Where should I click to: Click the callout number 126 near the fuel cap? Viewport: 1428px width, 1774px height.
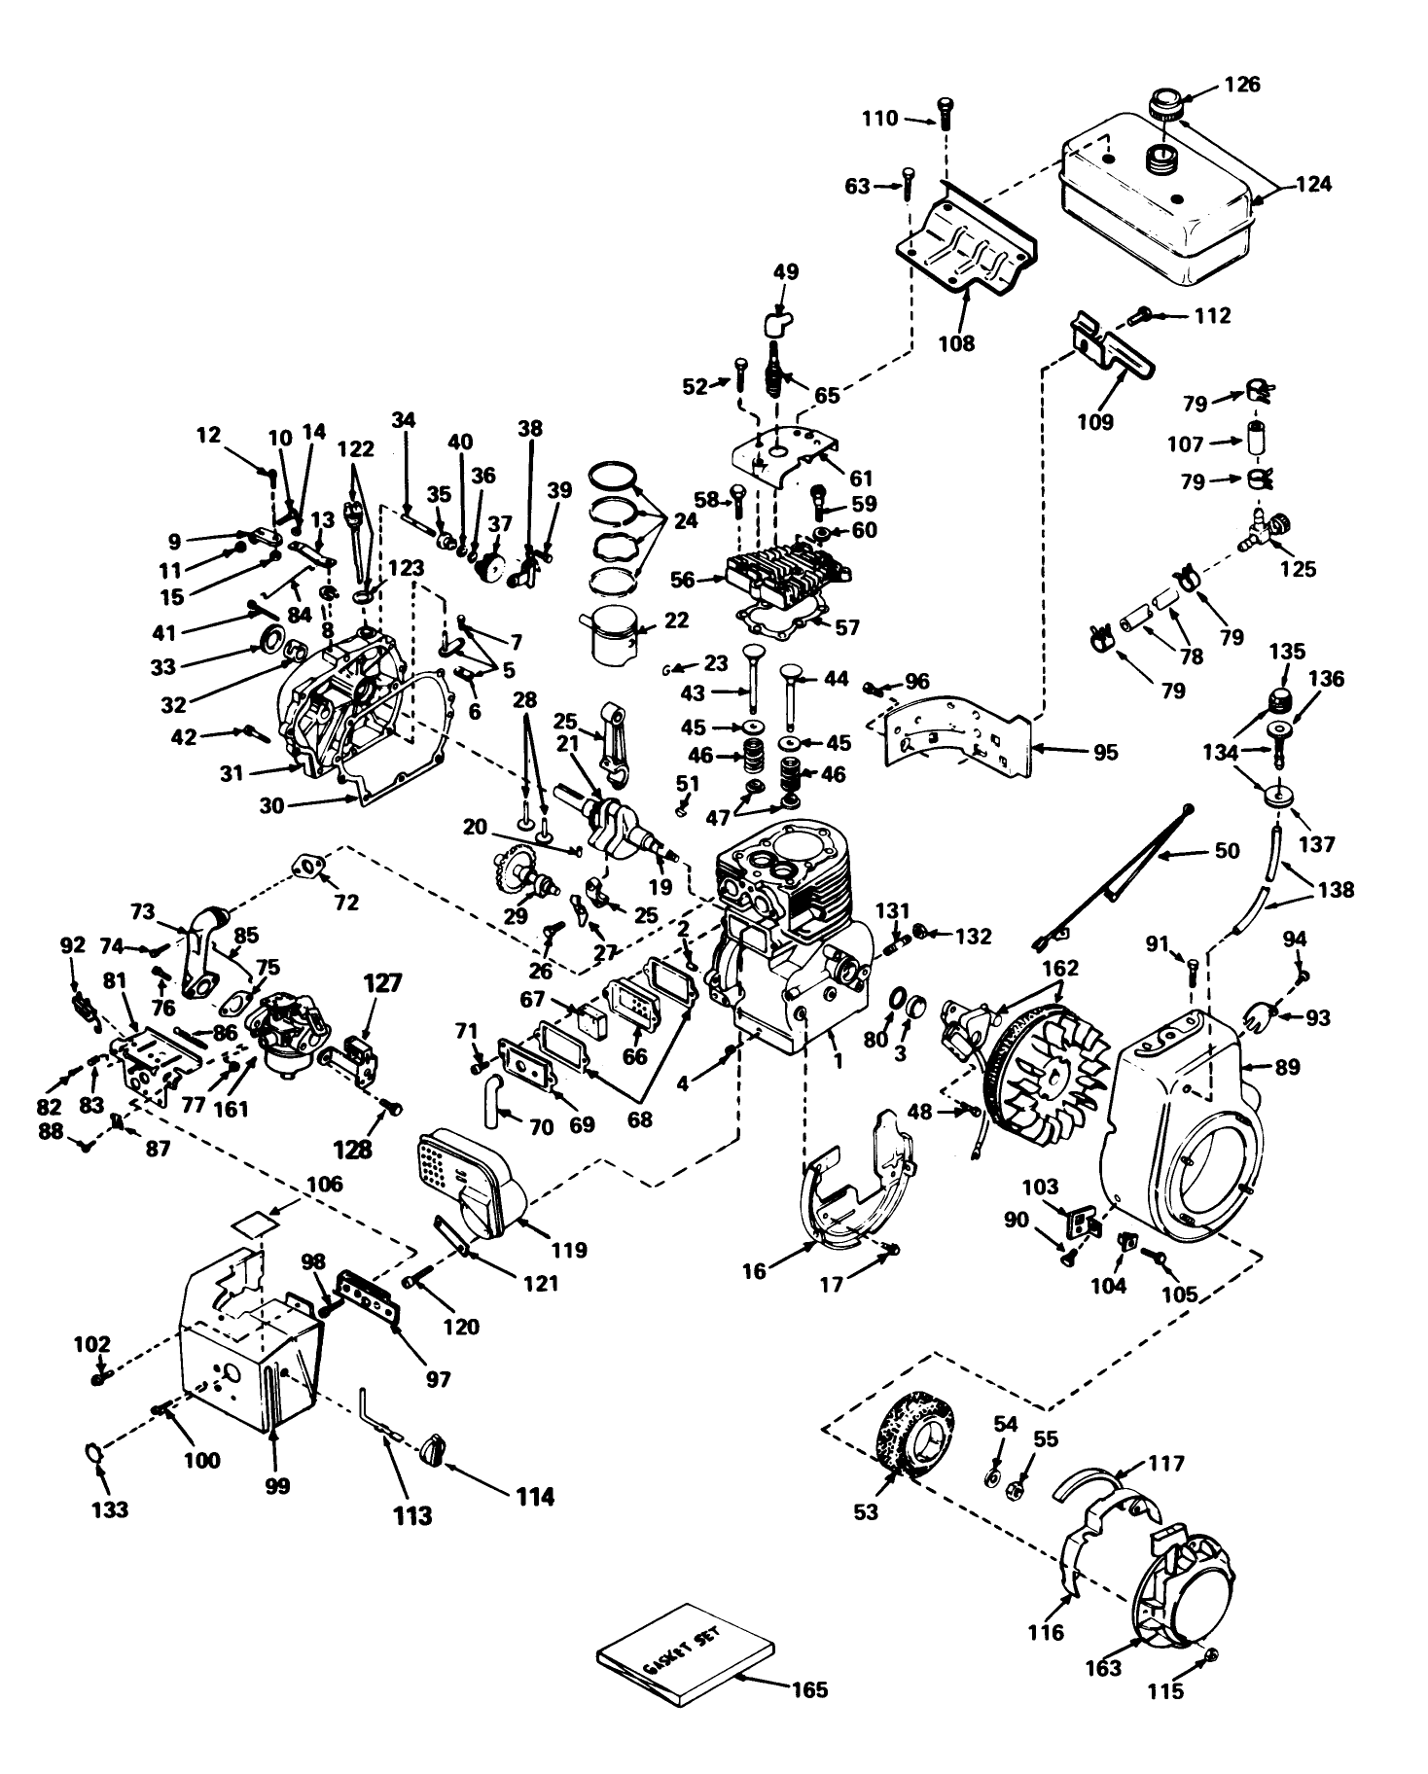pos(1240,85)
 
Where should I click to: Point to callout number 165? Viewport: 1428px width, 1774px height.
pos(808,1690)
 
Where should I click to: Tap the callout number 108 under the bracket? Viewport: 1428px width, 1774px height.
pos(956,343)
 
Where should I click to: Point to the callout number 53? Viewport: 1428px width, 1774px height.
pos(866,1511)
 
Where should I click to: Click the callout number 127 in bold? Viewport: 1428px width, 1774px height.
pos(382,983)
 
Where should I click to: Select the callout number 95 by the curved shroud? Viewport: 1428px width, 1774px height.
pos(1104,752)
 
